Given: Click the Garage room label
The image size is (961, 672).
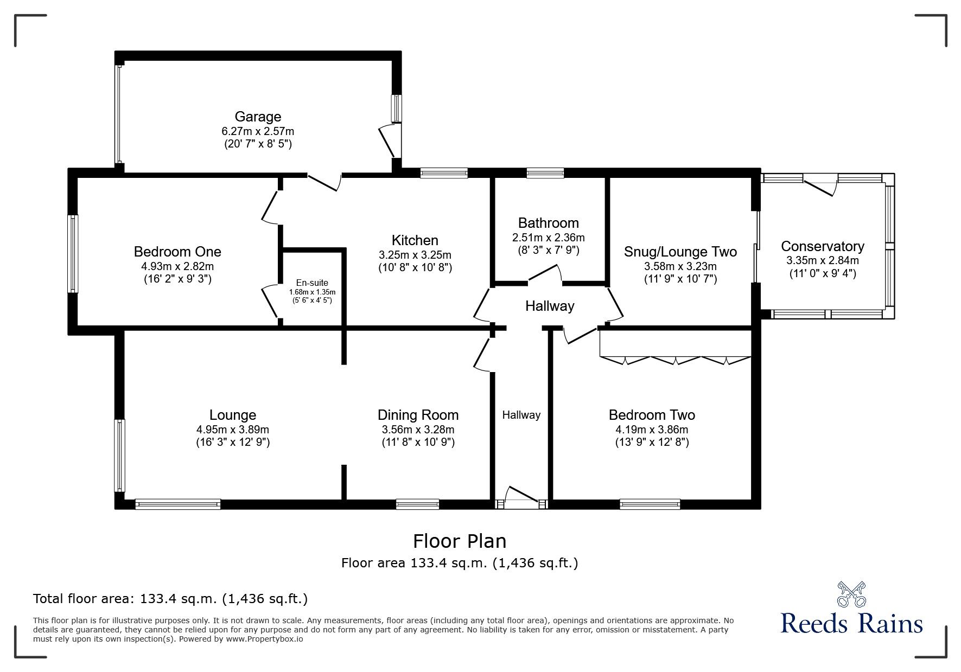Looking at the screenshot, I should (258, 117).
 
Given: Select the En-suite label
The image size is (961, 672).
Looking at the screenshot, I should (312, 283).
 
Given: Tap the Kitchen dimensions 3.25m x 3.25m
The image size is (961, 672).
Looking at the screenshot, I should (415, 255).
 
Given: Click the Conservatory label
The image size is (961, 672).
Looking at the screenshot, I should (822, 246).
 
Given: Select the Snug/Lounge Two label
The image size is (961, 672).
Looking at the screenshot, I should (680, 252).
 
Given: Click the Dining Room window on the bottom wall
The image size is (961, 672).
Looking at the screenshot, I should (417, 504).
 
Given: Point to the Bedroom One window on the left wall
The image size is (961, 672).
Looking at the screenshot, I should (73, 254).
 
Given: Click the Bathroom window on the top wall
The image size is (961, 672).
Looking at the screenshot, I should (545, 173).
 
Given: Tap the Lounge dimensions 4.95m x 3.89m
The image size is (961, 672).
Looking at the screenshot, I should (233, 430).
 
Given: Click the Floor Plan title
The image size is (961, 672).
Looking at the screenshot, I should (460, 541).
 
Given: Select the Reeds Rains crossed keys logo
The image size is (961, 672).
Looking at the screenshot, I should (851, 594).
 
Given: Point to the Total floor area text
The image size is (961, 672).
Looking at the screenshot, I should (170, 599).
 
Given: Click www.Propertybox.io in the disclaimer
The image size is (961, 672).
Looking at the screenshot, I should (264, 639).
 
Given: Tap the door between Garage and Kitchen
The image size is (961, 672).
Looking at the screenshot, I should (324, 182).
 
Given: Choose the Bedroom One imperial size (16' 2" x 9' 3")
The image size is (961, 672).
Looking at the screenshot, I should (177, 279).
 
